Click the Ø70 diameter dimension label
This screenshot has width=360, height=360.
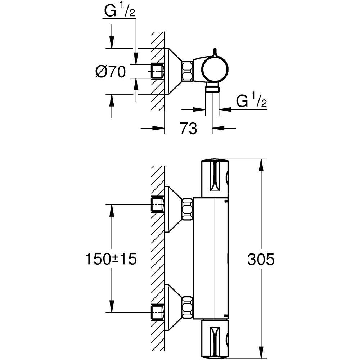(111, 72)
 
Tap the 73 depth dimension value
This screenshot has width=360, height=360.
(188, 128)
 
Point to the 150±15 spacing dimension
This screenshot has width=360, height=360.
(111, 259)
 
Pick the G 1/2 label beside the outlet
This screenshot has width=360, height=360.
(252, 102)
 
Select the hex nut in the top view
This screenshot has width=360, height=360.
(187, 71)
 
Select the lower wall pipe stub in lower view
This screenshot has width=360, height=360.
(157, 312)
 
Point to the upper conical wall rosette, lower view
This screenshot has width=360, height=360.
(173, 209)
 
